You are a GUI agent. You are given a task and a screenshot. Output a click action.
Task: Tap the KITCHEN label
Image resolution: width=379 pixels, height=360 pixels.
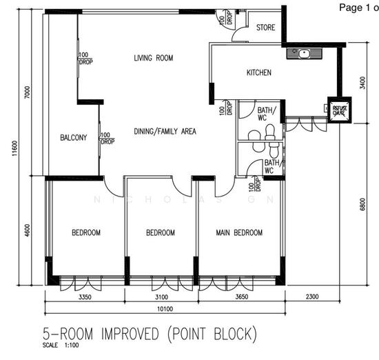point(259,72)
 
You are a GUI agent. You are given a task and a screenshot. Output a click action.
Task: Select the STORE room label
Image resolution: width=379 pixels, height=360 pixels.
point(265,28)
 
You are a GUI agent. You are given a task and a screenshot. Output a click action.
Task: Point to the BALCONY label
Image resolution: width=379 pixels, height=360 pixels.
point(73,137)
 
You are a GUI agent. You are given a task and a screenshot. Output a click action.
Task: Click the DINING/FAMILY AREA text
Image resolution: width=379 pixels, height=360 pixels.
point(165,131)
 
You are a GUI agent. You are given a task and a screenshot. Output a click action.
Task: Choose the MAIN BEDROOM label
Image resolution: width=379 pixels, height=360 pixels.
point(239,233)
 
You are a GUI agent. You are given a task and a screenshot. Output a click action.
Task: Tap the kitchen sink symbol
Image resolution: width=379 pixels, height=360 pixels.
point(303,52)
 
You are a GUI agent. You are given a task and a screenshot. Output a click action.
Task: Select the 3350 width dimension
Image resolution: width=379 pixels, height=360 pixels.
point(85,296)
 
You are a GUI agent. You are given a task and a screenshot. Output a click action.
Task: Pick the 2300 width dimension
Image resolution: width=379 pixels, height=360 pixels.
point(311,296)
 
